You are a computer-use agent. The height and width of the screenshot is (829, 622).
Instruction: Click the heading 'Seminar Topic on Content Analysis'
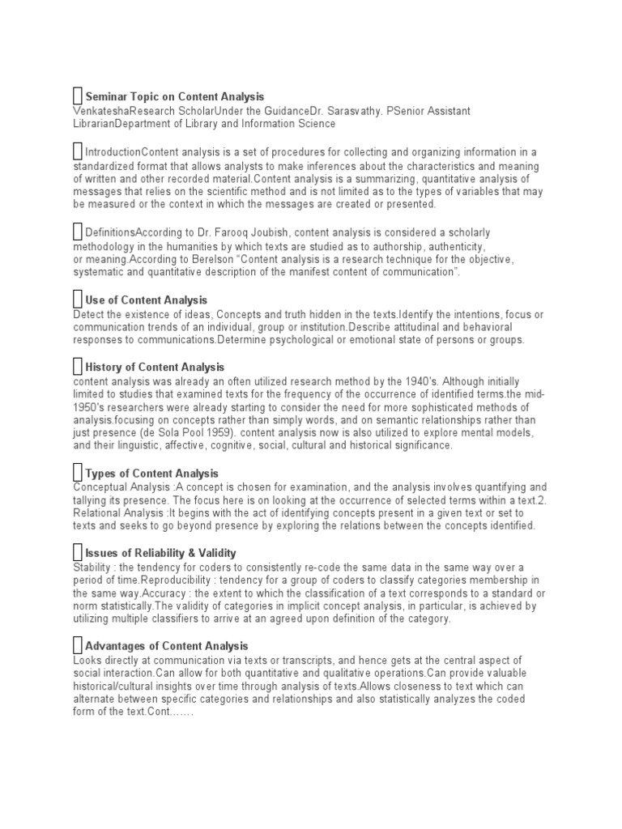[174, 97]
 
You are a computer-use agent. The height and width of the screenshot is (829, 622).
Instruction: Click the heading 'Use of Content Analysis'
[146, 300]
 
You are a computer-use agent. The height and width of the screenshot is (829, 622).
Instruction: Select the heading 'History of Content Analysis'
[155, 368]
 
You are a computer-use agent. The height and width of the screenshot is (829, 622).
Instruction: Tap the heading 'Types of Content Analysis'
[151, 474]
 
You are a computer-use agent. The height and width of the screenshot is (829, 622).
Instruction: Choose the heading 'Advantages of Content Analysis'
[166, 646]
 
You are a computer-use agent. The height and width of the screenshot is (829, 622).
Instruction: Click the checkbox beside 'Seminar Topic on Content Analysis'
[78, 96]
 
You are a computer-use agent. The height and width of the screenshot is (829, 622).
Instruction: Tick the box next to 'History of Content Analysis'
[78, 367]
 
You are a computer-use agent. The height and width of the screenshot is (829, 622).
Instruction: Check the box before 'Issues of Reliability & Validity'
[78, 552]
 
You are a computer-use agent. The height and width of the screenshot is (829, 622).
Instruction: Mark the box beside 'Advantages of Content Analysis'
[78, 645]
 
